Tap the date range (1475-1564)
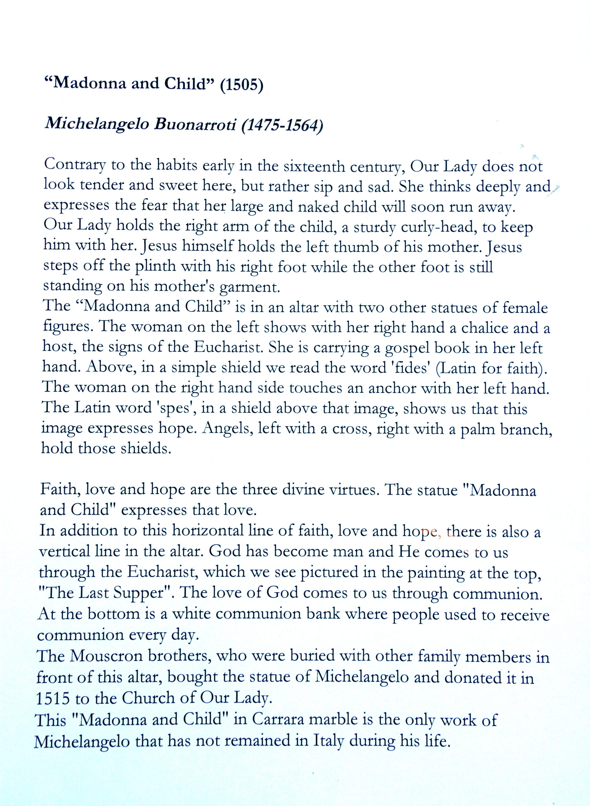click(x=282, y=125)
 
